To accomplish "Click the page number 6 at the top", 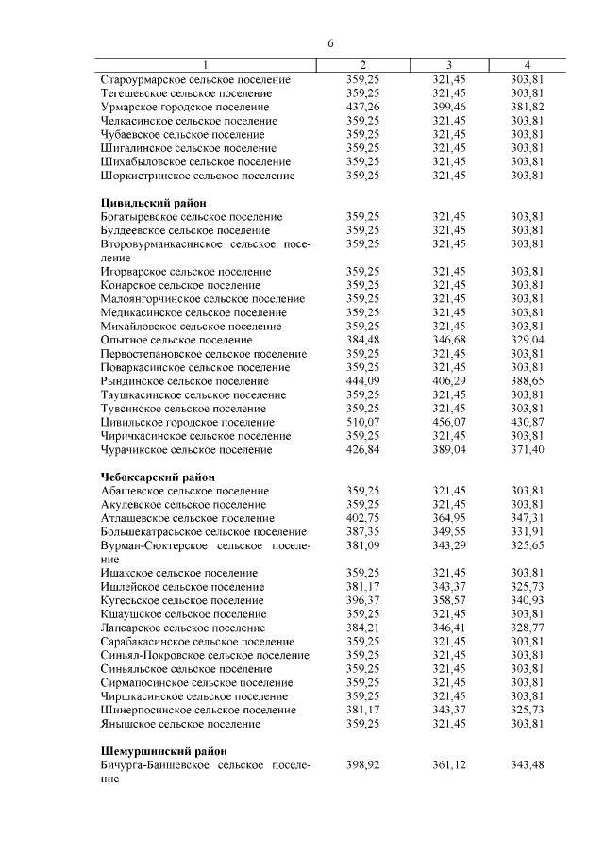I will pos(331,43).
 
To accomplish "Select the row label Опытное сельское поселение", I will pos(176,340).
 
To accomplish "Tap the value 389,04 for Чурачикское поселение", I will pos(448,449).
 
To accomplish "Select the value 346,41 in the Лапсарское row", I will pos(448,628).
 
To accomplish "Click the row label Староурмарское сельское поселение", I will pos(195,80).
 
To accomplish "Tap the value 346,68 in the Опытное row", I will pos(448,340).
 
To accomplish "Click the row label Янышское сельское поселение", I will pos(179,724).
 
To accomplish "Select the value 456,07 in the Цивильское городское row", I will pos(448,422).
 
